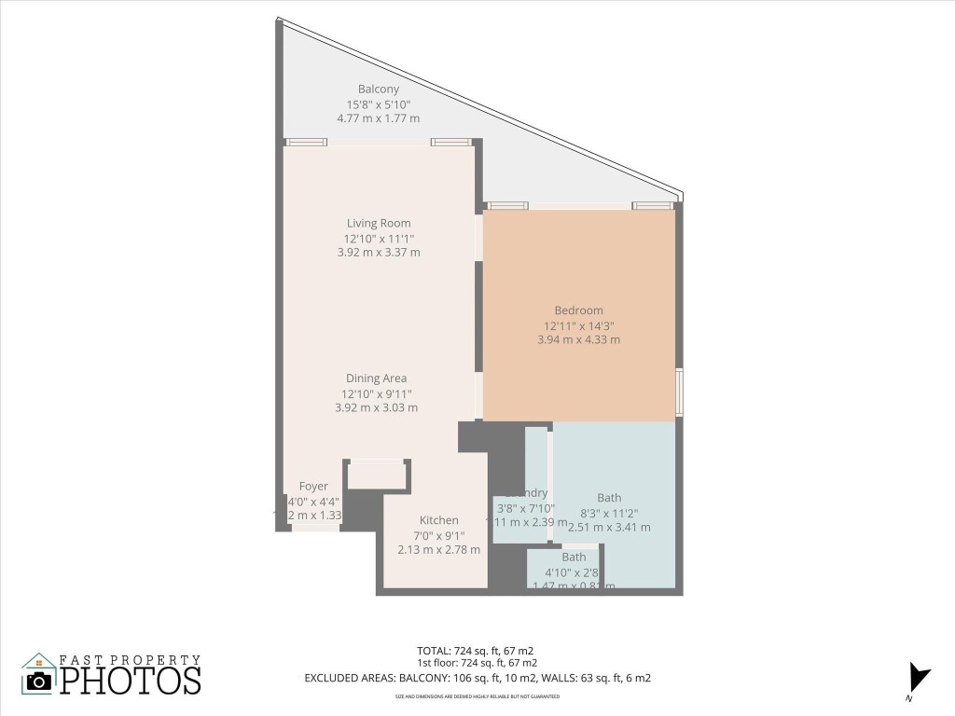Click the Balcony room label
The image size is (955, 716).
tap(378, 89)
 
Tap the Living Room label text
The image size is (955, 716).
tap(378, 223)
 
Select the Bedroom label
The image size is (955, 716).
tap(578, 310)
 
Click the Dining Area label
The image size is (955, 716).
tap(376, 379)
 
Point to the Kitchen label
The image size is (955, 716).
tap(438, 520)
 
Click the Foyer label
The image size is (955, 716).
tap(313, 487)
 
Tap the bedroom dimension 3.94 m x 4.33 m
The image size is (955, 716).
tap(578, 340)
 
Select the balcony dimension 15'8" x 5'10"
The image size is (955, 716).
tap(378, 104)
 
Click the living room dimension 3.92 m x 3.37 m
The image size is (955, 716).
tap(378, 253)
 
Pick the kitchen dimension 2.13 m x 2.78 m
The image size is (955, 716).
tap(438, 550)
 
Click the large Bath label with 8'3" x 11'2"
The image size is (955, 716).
tap(609, 498)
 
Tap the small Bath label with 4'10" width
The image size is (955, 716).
tap(574, 558)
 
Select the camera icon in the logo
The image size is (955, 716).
tap(39, 681)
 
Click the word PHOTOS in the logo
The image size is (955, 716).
tap(131, 680)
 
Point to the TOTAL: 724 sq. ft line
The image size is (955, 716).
tap(475, 650)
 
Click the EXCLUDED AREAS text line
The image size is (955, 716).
tap(477, 678)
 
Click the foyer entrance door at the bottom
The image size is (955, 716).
tap(314, 528)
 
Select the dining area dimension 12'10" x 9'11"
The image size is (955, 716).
tap(378, 393)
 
